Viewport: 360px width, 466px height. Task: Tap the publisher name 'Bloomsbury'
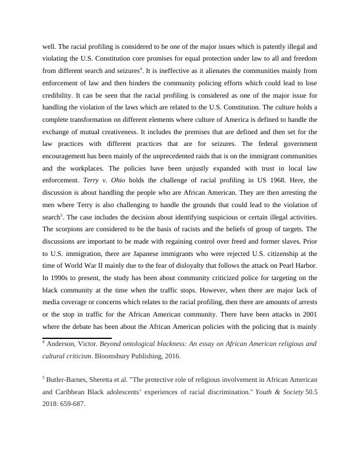coord(123,357)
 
